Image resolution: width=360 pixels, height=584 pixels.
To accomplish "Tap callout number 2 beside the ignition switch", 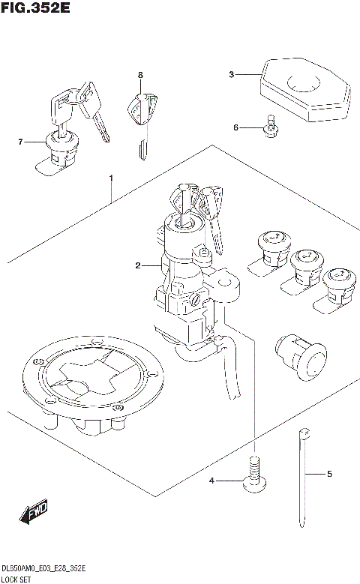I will click(x=138, y=265).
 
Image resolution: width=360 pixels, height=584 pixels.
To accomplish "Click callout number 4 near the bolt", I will click(x=212, y=480).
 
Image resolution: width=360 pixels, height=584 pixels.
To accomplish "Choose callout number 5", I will click(x=328, y=474).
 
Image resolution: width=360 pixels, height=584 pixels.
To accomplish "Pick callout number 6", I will click(x=235, y=127).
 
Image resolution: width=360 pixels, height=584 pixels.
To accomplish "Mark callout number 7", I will click(x=21, y=141).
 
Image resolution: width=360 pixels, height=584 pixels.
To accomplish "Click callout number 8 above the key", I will click(x=139, y=75).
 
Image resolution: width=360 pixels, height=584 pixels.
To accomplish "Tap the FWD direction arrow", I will click(x=34, y=514).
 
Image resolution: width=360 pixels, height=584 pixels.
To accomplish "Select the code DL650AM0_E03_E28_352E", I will click(x=43, y=568).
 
